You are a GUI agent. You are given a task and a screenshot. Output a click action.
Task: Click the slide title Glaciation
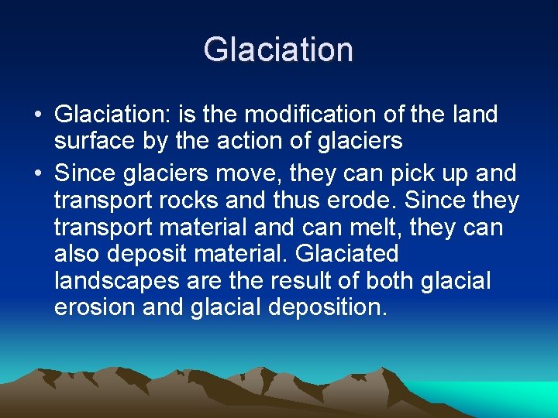278,50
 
